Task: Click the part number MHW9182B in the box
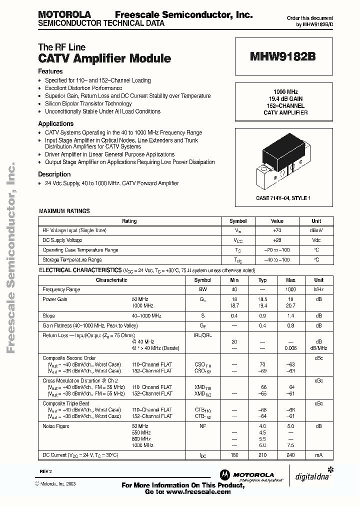[x=282, y=57]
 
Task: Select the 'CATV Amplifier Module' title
[x=104, y=58]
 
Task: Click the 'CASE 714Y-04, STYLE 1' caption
[x=283, y=198]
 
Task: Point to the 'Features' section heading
[x=50, y=71]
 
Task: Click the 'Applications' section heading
[x=56, y=123]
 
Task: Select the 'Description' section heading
[x=54, y=174]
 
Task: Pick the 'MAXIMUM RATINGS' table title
[x=64, y=211]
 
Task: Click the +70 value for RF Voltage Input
[x=277, y=230]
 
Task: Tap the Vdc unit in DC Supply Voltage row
[x=316, y=240]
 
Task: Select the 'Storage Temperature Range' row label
[x=72, y=260]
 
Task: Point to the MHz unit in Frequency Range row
[x=318, y=289]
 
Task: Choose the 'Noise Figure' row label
[x=56, y=426]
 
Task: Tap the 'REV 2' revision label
[x=46, y=471]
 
